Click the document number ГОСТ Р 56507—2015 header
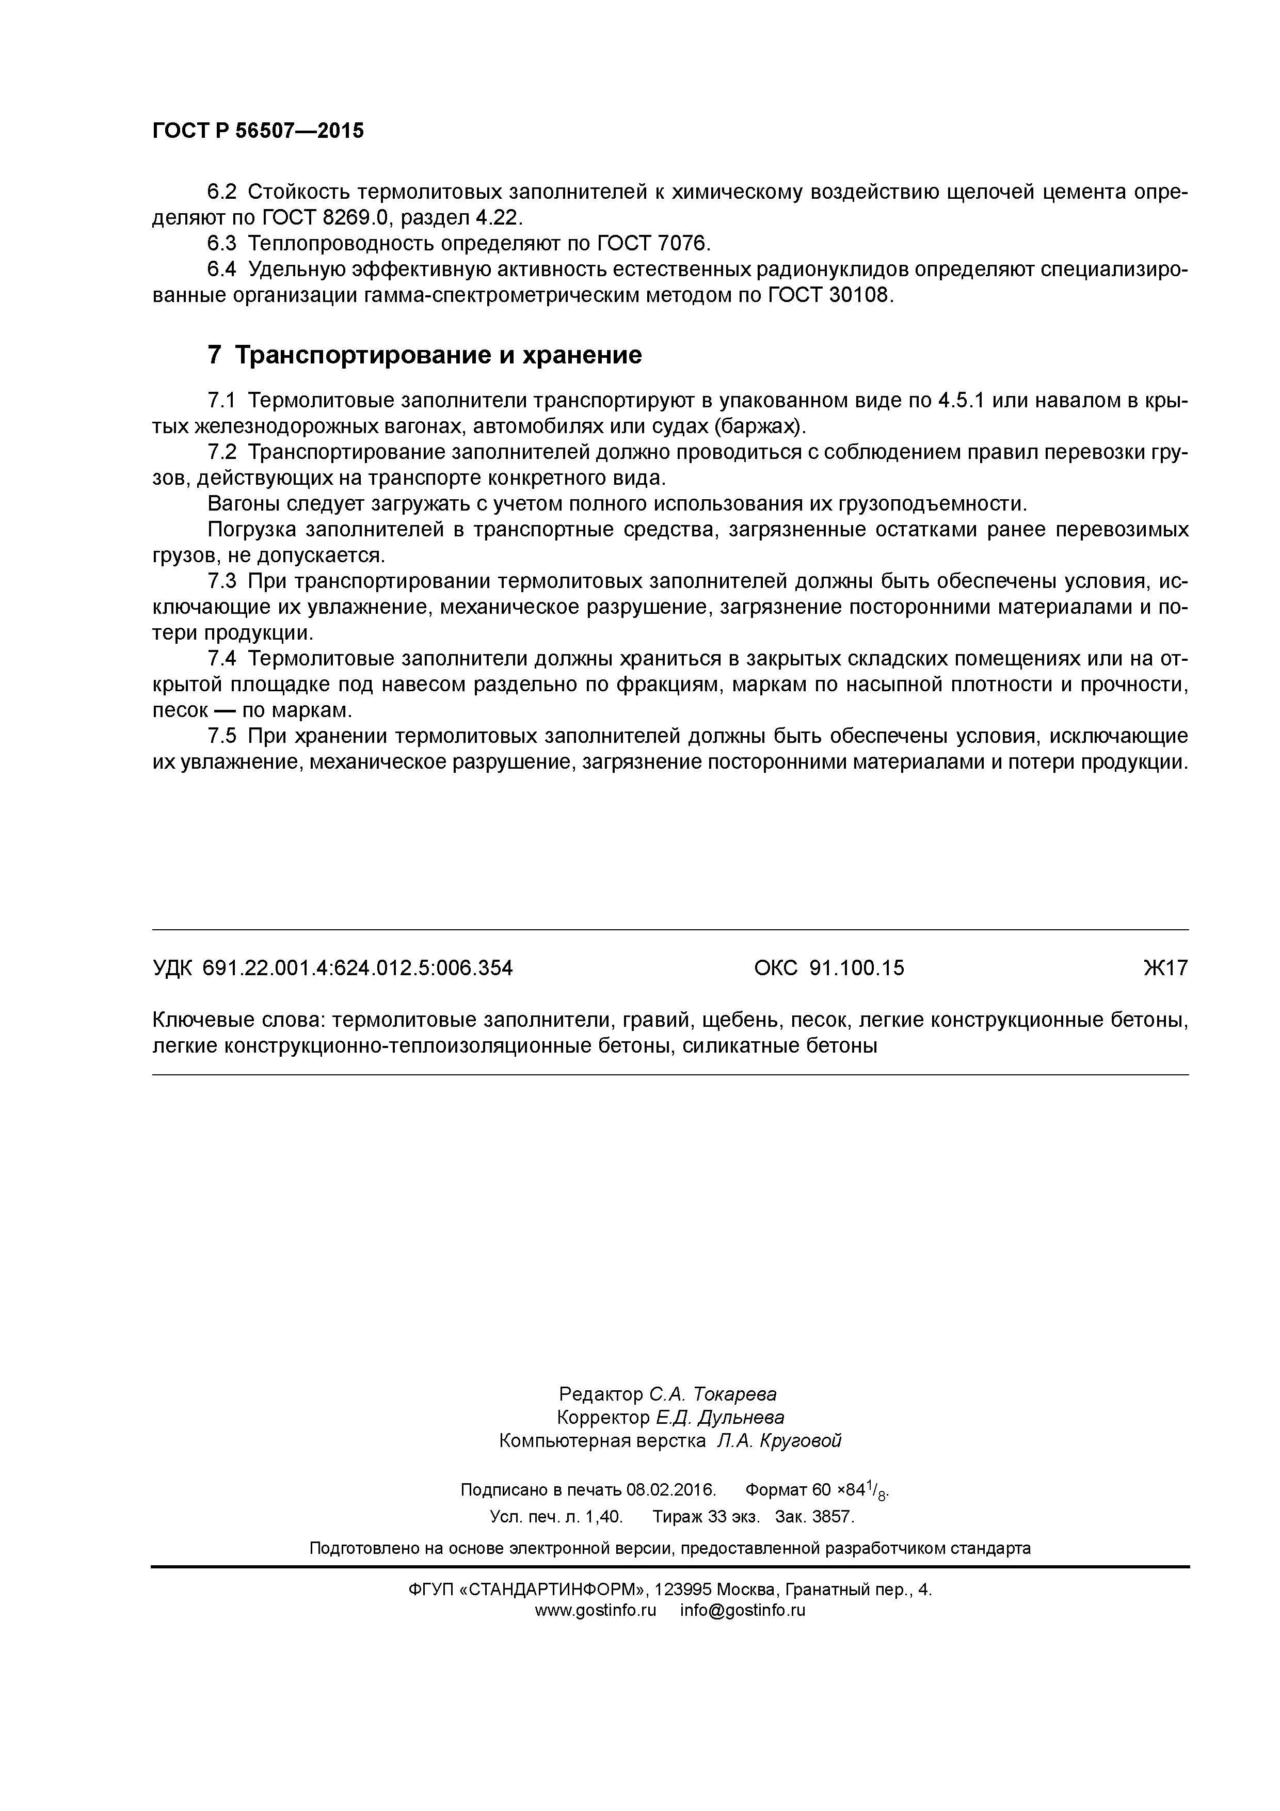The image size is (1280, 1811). click(258, 131)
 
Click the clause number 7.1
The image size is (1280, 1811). click(221, 401)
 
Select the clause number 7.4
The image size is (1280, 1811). click(221, 659)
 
